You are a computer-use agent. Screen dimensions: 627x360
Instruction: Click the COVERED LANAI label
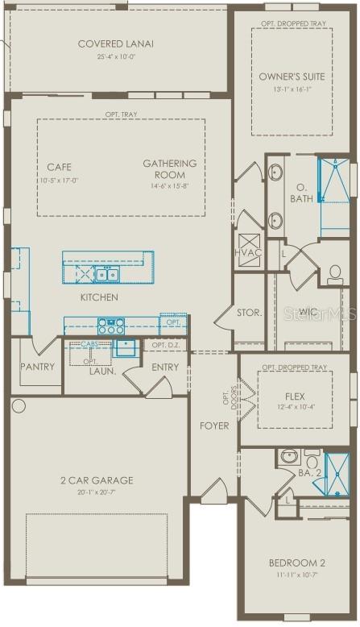coord(116,44)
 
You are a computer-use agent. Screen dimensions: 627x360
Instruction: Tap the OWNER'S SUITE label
coord(292,77)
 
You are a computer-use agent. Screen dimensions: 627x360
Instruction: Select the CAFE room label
coord(59,168)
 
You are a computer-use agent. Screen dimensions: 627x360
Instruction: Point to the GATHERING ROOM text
coord(170,169)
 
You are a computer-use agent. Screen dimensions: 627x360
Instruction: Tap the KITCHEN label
coord(99,297)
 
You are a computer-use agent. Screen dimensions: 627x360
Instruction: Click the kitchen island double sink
coord(107,276)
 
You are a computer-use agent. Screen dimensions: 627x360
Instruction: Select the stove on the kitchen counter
coord(110,326)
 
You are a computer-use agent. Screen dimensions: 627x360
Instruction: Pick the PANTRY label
coord(38,367)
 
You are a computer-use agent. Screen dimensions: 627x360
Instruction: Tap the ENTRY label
coord(165,367)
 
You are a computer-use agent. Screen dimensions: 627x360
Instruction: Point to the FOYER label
coord(215,425)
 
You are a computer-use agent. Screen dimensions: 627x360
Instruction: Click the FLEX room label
coord(295,397)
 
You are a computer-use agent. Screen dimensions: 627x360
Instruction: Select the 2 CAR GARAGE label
coord(96,480)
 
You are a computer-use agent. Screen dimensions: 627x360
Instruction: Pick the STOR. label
coord(249,313)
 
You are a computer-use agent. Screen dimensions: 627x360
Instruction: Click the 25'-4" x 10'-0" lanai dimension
coord(116,57)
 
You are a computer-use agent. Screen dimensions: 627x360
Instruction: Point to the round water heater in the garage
coord(19,406)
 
